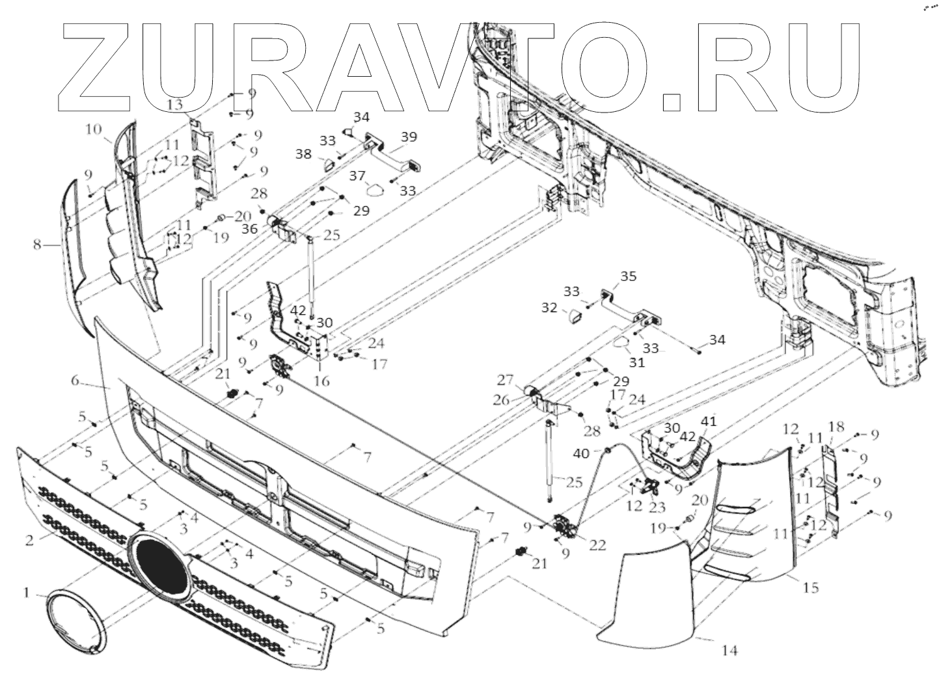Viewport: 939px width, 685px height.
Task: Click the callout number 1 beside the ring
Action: click(26, 593)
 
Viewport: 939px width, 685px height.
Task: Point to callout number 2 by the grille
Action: click(29, 539)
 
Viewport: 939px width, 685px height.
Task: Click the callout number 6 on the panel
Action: click(75, 381)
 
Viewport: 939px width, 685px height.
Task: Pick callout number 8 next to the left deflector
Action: click(37, 245)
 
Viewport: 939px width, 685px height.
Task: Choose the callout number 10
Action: click(92, 130)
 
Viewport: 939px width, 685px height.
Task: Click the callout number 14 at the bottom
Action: click(730, 649)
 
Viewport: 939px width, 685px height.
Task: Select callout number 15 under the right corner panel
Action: click(810, 588)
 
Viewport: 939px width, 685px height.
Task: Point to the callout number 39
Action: click(409, 137)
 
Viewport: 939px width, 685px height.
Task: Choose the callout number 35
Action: click(628, 276)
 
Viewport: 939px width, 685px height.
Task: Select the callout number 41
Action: click(708, 422)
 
